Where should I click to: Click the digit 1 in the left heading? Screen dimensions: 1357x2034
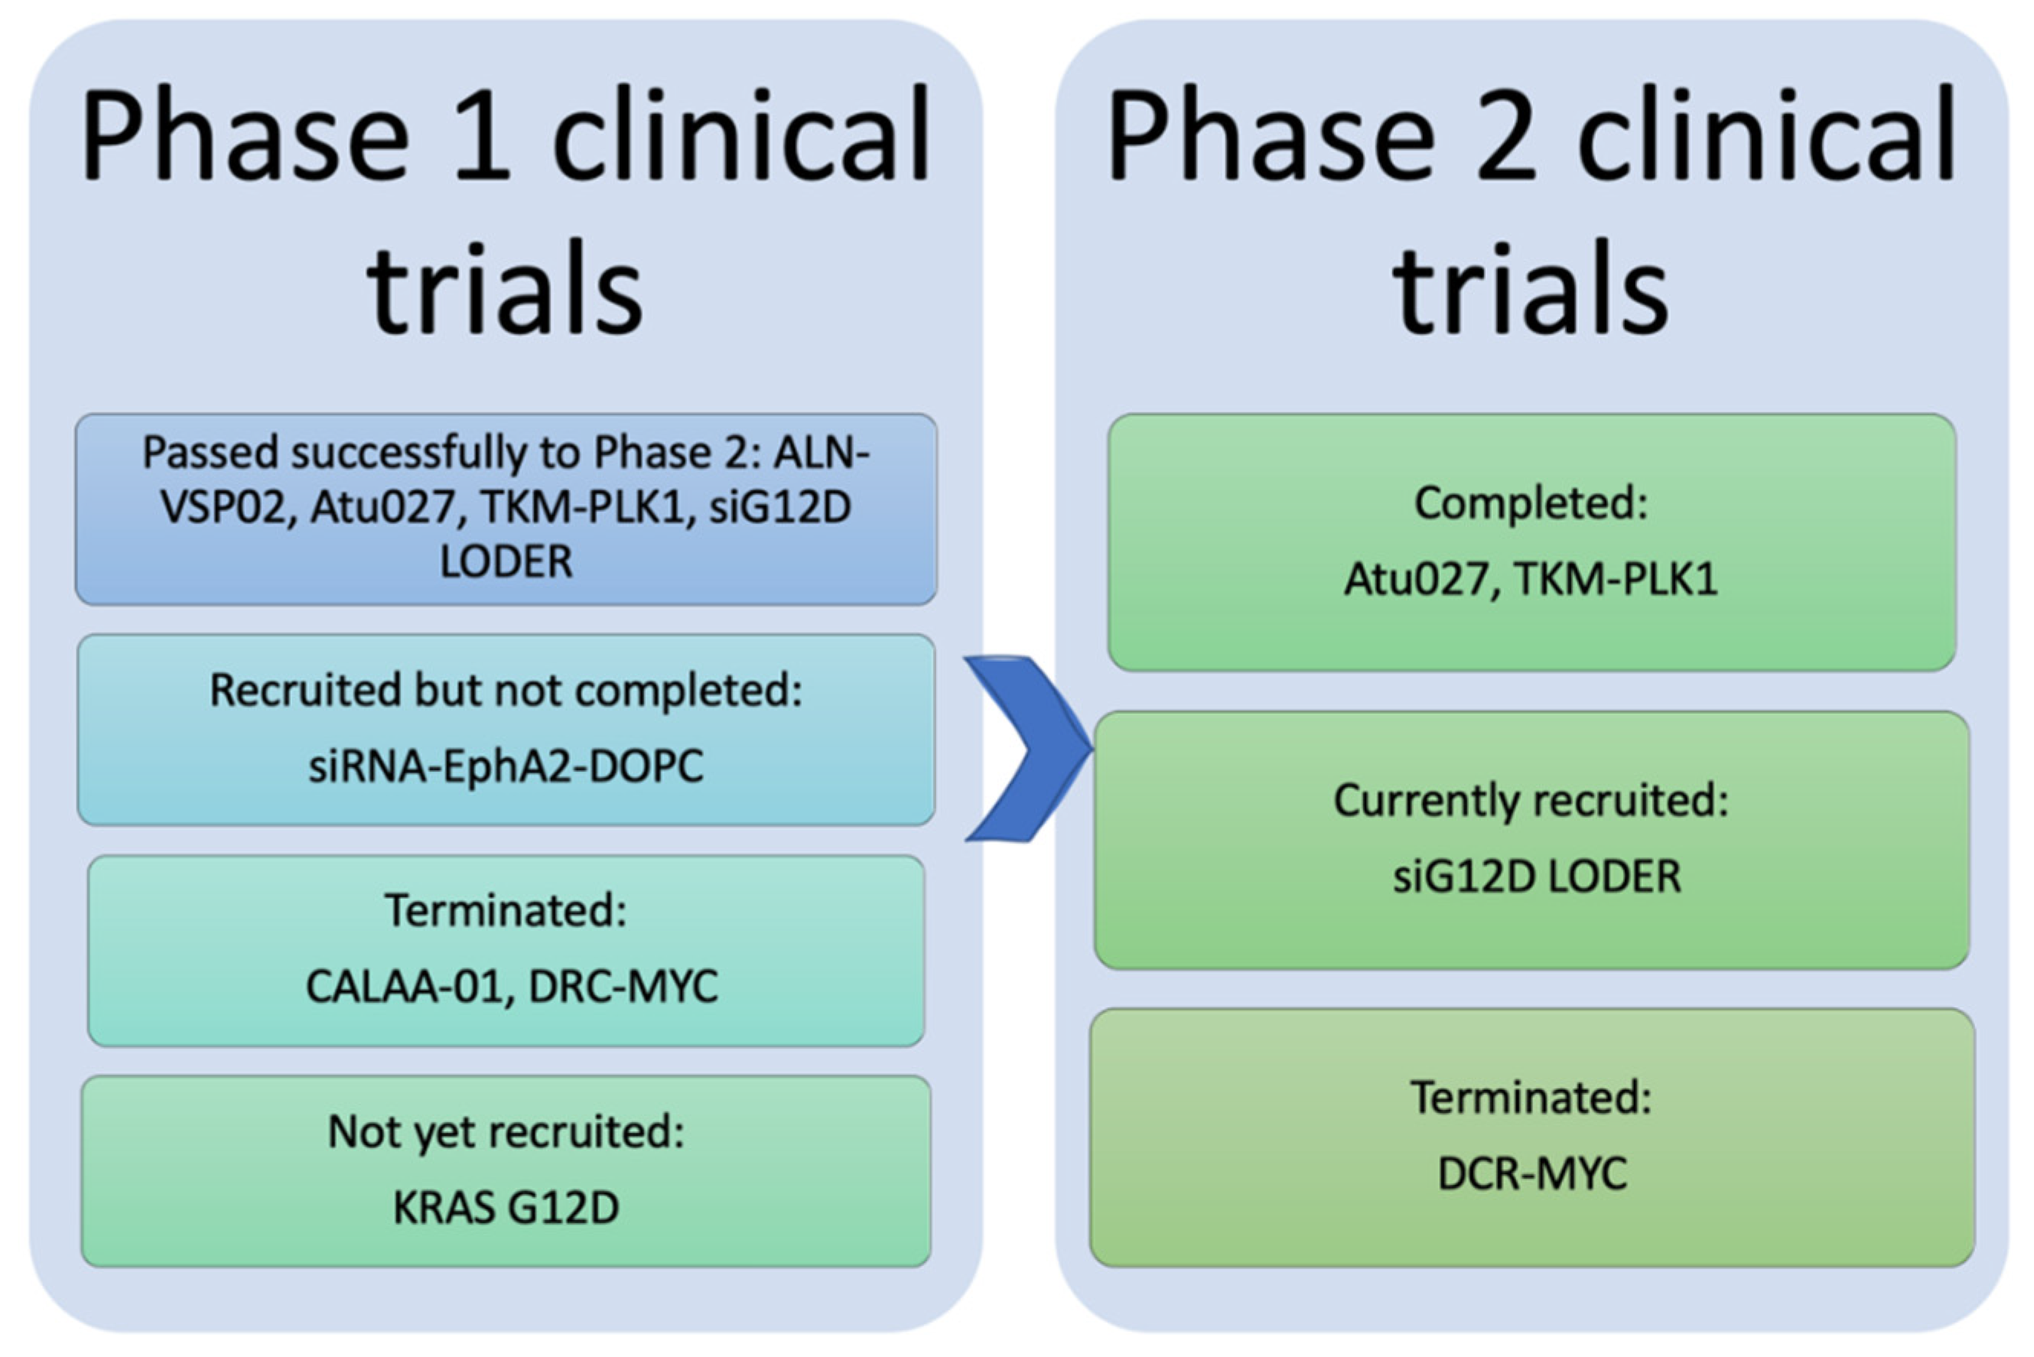coord(482,136)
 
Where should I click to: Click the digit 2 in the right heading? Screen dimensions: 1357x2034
coord(1507,136)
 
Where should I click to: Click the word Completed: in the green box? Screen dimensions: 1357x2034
coord(1530,503)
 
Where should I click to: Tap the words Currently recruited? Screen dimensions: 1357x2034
coord(1530,801)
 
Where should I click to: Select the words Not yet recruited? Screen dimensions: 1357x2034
coord(506,1131)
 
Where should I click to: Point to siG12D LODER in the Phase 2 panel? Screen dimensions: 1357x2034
coord(1536,877)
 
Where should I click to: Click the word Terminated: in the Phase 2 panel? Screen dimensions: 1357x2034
coord(1530,1098)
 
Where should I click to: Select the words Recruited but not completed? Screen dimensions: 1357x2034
coord(506,691)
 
